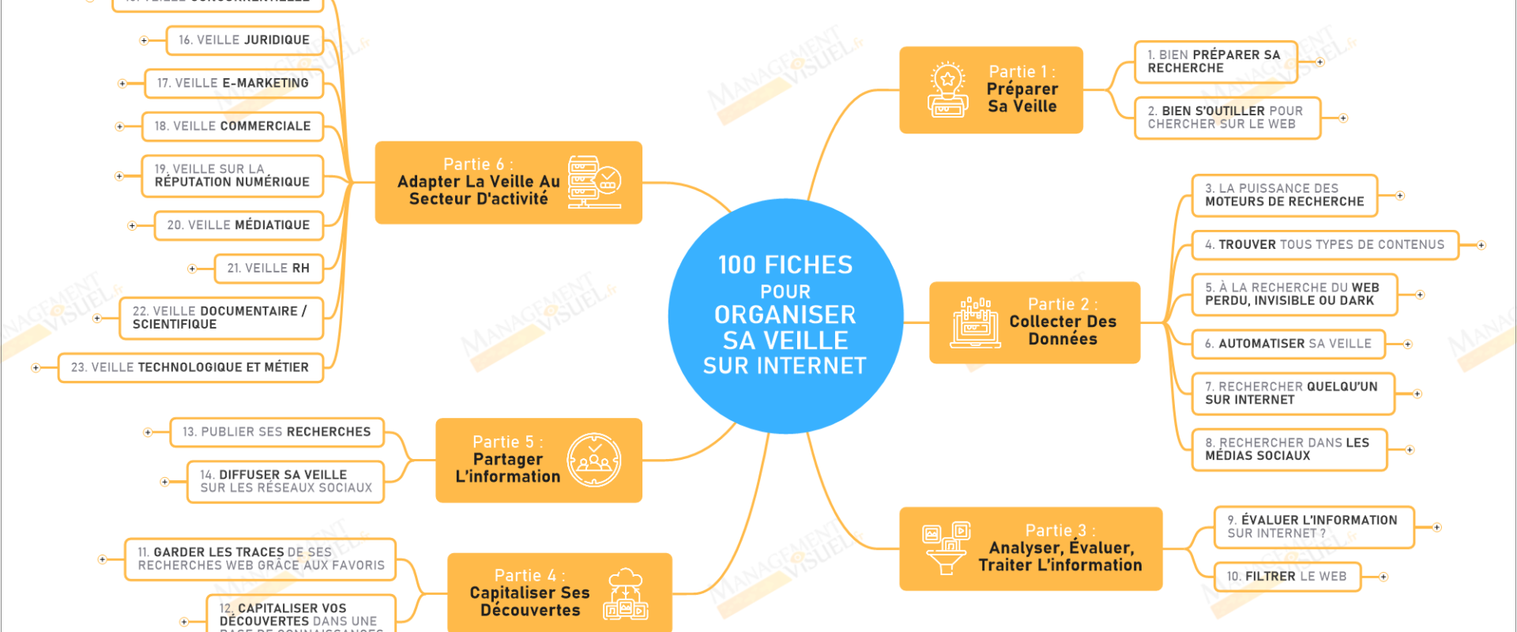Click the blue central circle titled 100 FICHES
point(785,316)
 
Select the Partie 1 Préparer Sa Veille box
point(991,90)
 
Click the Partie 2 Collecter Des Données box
point(1034,322)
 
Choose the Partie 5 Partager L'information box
point(538,460)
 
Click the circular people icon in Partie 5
point(594,460)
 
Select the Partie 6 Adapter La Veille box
point(508,182)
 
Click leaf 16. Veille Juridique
point(244,40)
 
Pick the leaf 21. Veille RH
point(269,269)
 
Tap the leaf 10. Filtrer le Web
point(1287,577)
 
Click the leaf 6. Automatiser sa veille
point(1289,344)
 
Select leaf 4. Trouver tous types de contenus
point(1325,245)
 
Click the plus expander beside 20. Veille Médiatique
point(132,226)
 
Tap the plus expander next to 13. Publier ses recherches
point(148,432)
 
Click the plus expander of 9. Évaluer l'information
point(1436,527)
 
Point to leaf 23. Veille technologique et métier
point(190,367)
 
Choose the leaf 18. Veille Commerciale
point(232,126)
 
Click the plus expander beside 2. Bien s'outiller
point(1343,118)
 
